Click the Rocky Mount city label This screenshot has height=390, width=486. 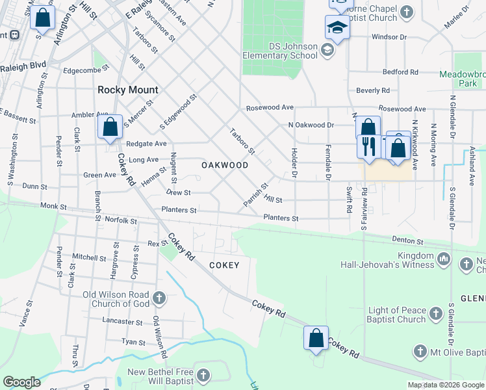tap(128, 90)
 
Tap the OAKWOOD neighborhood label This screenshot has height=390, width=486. tap(225, 165)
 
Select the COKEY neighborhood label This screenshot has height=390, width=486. tap(224, 265)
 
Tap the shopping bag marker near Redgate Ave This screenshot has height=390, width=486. tap(110, 126)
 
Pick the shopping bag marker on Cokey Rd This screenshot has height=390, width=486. tap(316, 339)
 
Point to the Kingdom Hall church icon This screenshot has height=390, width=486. tap(444, 259)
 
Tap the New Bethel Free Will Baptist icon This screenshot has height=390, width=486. tap(204, 376)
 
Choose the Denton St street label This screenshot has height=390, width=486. tap(407, 240)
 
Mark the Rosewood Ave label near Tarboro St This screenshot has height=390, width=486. tap(270, 107)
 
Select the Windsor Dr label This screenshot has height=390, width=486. tap(388, 37)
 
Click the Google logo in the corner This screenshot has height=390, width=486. tap(21, 382)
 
